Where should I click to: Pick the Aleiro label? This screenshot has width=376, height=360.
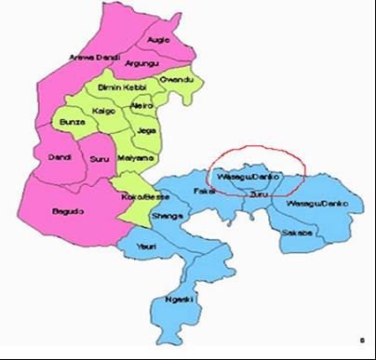142,106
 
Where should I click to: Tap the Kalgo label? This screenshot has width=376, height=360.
104,111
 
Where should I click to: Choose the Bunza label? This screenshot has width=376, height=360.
72,122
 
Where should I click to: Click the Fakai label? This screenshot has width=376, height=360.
204,191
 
